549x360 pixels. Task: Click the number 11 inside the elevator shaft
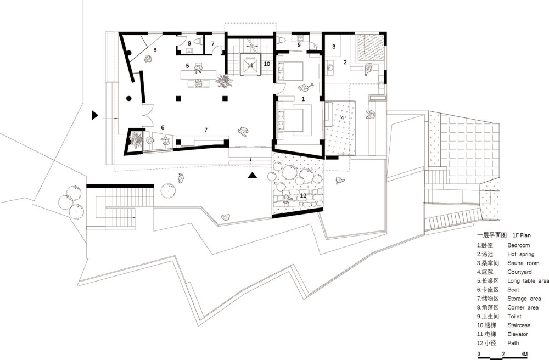250,65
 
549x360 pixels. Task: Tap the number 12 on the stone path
303,195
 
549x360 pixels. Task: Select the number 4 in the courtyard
342,118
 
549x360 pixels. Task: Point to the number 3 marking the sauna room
334,47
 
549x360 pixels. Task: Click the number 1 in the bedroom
303,99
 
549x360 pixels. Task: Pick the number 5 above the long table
188,66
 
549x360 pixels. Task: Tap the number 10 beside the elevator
267,64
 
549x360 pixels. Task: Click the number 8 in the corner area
155,50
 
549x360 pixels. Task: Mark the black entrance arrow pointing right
95,115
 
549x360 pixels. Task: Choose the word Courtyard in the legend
519,272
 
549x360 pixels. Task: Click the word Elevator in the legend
518,334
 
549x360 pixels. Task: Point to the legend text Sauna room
523,263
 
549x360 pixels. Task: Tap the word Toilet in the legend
514,316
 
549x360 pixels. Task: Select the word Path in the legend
513,343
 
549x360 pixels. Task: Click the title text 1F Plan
522,235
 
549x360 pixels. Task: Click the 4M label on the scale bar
524,354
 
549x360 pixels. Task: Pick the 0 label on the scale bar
479,354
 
